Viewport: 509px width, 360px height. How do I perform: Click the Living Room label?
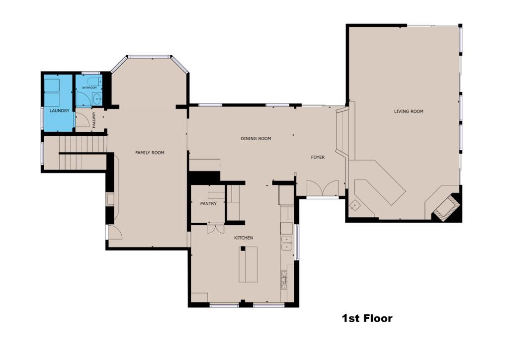tap(409, 111)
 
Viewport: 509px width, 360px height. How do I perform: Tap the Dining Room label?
tap(256, 139)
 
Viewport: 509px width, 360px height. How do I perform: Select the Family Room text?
tap(150, 153)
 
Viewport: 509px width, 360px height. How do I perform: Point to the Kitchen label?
tap(244, 238)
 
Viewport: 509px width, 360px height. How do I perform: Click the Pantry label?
tap(208, 203)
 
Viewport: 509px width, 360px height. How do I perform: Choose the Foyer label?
tap(318, 158)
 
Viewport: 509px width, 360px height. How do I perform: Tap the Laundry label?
tap(60, 111)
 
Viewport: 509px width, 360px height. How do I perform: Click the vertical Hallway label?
tap(94, 120)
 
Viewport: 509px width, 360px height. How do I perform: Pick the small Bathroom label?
tap(89, 88)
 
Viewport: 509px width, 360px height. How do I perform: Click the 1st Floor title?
tap(367, 318)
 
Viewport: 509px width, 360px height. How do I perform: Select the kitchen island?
tap(249, 265)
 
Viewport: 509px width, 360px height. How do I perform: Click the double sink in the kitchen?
tap(287, 244)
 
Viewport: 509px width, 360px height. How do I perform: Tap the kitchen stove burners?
tap(284, 280)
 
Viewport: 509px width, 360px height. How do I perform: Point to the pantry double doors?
tap(216, 229)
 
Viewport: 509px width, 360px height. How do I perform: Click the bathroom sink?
tap(96, 98)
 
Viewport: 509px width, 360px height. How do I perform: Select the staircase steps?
tap(83, 153)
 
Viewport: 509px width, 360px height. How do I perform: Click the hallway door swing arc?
tap(83, 119)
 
